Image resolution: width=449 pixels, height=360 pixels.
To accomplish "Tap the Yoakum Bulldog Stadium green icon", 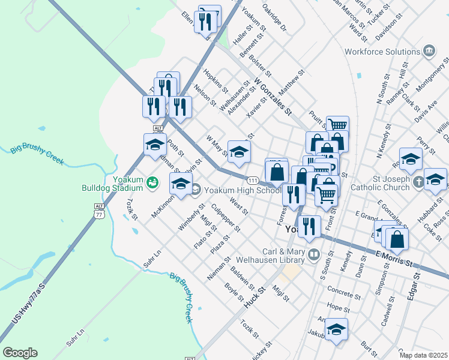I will pyautogui.click(x=153, y=181).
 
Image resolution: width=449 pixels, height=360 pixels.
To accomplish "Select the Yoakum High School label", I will pyautogui.click(x=243, y=190).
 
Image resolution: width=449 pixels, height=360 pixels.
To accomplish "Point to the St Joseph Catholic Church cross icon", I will pyautogui.click(x=419, y=184).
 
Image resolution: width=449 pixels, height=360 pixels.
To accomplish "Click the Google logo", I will pyautogui.click(x=20, y=353).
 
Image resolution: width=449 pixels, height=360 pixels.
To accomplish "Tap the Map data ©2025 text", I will pyautogui.click(x=423, y=355).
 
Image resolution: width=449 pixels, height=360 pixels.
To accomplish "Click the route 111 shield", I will pyautogui.click(x=253, y=180).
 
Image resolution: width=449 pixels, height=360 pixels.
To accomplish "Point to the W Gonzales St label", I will pyautogui.click(x=273, y=97).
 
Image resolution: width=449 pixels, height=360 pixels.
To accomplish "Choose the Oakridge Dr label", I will pyautogui.click(x=274, y=20).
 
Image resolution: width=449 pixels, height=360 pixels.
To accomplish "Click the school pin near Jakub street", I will pyautogui.click(x=337, y=329).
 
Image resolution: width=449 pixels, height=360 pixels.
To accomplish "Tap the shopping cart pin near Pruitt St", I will pyautogui.click(x=337, y=127).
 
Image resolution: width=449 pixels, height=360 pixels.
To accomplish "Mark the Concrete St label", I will pyautogui.click(x=344, y=295).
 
